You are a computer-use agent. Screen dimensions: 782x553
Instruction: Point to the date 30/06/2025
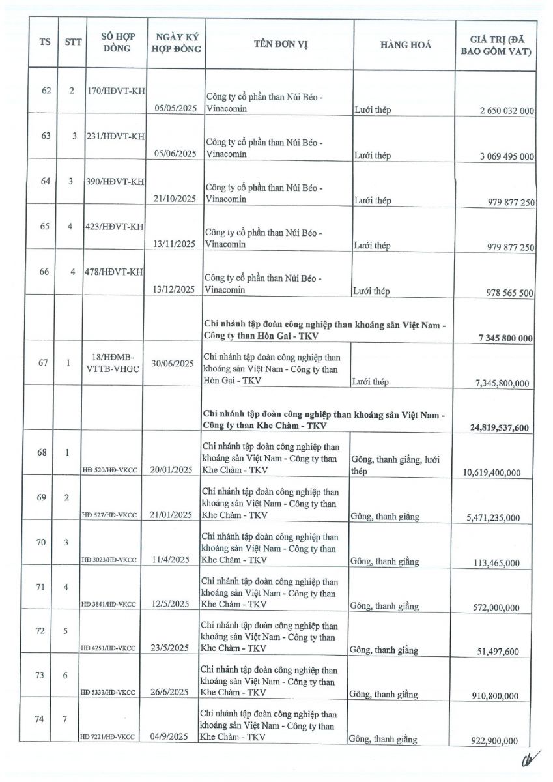click(x=173, y=364)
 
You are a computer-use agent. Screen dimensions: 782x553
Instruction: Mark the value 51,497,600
click(x=496, y=651)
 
